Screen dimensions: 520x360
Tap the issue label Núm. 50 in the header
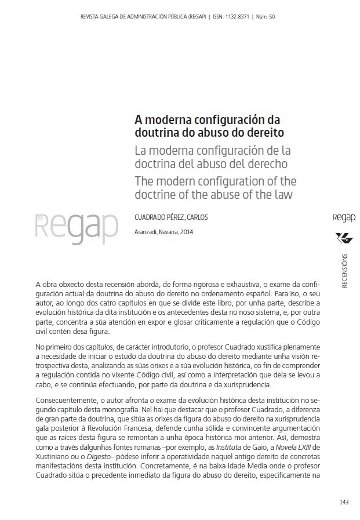(x=264, y=16)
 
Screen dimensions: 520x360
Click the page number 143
(x=344, y=502)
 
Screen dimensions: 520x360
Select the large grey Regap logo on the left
(x=77, y=228)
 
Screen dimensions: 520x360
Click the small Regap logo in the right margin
(x=344, y=218)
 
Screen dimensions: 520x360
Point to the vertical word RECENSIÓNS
(x=345, y=270)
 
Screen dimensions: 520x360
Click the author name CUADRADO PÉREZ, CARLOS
(x=171, y=217)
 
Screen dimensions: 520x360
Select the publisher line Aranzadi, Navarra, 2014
(x=163, y=232)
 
